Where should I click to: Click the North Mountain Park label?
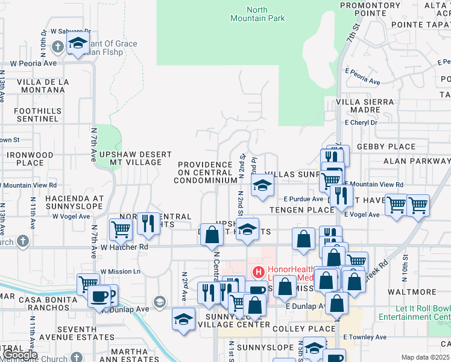pyautogui.click(x=257, y=14)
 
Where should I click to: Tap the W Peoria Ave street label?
pyautogui.click(x=34, y=63)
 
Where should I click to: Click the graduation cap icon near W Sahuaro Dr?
pyautogui.click(x=77, y=43)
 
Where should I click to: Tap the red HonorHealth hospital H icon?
pyautogui.click(x=259, y=273)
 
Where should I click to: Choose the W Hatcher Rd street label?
pyautogui.click(x=124, y=247)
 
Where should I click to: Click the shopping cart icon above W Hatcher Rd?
pyautogui.click(x=121, y=229)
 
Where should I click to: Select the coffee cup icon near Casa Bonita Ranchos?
pyautogui.click(x=99, y=296)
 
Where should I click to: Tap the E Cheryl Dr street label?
pyautogui.click(x=361, y=122)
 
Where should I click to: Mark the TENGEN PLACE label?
pyautogui.click(x=301, y=210)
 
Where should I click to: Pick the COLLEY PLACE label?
pyautogui.click(x=303, y=329)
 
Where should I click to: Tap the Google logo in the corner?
pyautogui.click(x=19, y=355)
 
